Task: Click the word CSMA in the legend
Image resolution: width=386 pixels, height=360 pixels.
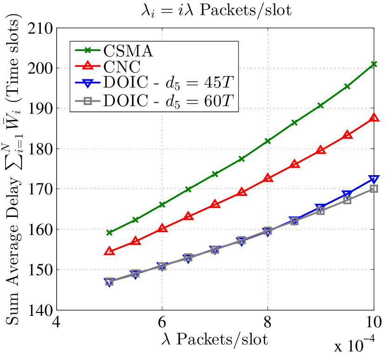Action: (128, 51)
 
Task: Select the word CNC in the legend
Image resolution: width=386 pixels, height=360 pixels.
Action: (122, 66)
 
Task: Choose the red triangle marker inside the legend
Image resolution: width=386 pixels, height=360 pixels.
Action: (87, 66)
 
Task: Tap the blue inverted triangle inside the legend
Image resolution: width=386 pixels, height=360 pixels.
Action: (87, 83)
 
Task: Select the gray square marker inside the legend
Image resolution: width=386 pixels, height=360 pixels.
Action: (87, 100)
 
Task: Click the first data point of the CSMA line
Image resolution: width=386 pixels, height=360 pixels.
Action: (110, 232)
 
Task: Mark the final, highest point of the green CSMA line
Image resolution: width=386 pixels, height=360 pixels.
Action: (373, 64)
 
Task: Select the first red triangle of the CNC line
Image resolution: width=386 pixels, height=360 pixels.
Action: (110, 251)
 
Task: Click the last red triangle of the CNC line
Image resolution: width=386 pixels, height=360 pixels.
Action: (373, 118)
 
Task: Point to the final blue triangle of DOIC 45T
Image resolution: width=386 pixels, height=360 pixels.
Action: (373, 180)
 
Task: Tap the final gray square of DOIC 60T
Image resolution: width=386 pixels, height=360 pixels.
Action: (373, 189)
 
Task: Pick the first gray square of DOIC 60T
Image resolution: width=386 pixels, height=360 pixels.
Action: (110, 281)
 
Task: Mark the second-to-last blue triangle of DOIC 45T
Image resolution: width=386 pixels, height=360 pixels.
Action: (347, 195)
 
